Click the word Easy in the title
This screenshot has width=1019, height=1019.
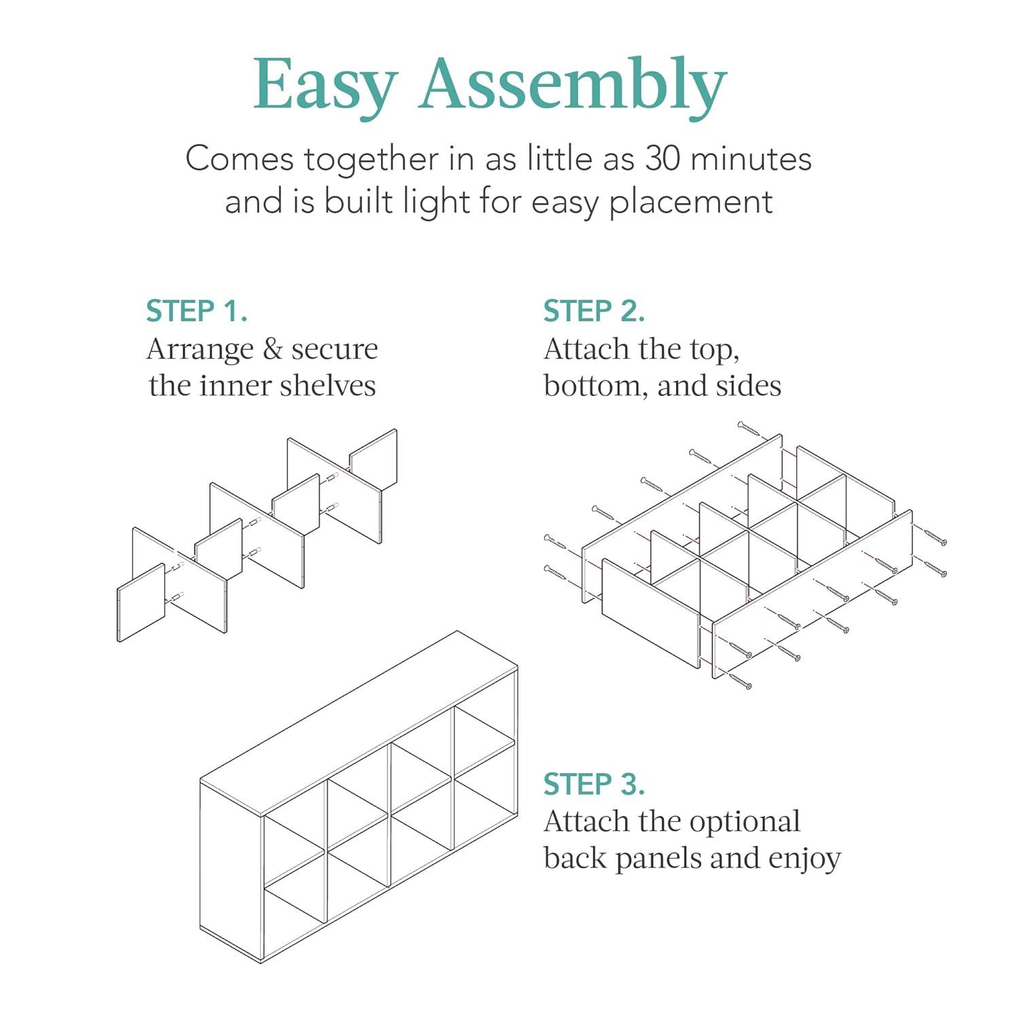click(x=325, y=85)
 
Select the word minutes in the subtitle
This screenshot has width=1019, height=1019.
click(x=751, y=159)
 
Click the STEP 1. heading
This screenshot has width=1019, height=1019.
click(x=196, y=311)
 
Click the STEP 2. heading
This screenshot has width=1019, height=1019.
click(x=594, y=311)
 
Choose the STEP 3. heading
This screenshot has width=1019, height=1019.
click(x=594, y=784)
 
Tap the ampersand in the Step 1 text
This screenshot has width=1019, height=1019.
click(x=272, y=349)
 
